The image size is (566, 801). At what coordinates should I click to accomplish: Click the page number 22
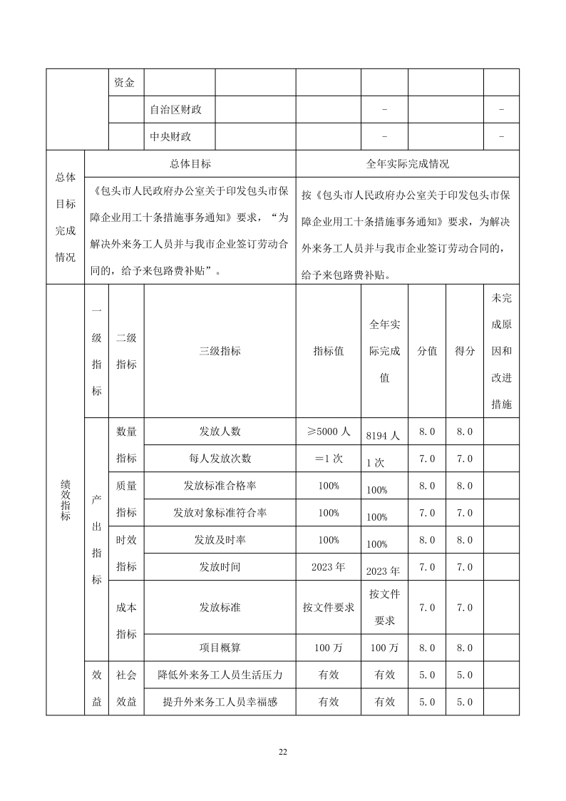coord(283,752)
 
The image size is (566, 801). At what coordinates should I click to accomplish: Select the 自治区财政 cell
coord(176,110)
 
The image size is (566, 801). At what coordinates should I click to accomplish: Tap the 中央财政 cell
coord(171,137)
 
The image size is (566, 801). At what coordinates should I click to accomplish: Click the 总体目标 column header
coord(190,164)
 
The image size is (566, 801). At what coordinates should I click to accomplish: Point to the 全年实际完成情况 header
coord(407,164)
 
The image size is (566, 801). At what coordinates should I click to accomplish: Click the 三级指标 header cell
coord(220,351)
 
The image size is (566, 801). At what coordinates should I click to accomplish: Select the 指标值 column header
coord(328,351)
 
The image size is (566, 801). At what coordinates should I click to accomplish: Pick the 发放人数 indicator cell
coord(220,432)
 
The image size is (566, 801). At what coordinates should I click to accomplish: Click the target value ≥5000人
coord(328,432)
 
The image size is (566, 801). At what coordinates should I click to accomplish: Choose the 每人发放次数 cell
coord(220,459)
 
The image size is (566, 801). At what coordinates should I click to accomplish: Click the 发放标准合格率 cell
coord(220,486)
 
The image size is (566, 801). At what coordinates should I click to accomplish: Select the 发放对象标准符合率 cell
coord(220,513)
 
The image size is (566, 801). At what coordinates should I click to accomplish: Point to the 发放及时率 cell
coord(220,540)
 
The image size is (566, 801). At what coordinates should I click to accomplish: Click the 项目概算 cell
coord(220,648)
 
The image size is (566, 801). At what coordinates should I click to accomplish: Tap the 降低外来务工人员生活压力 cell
coord(220,675)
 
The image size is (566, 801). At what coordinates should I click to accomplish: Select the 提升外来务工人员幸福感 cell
coord(220,702)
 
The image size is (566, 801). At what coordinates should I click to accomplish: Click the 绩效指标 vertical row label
coord(65,499)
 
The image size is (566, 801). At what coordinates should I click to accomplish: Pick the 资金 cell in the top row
coord(124,83)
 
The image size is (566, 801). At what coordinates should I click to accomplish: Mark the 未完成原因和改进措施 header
coord(501,351)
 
